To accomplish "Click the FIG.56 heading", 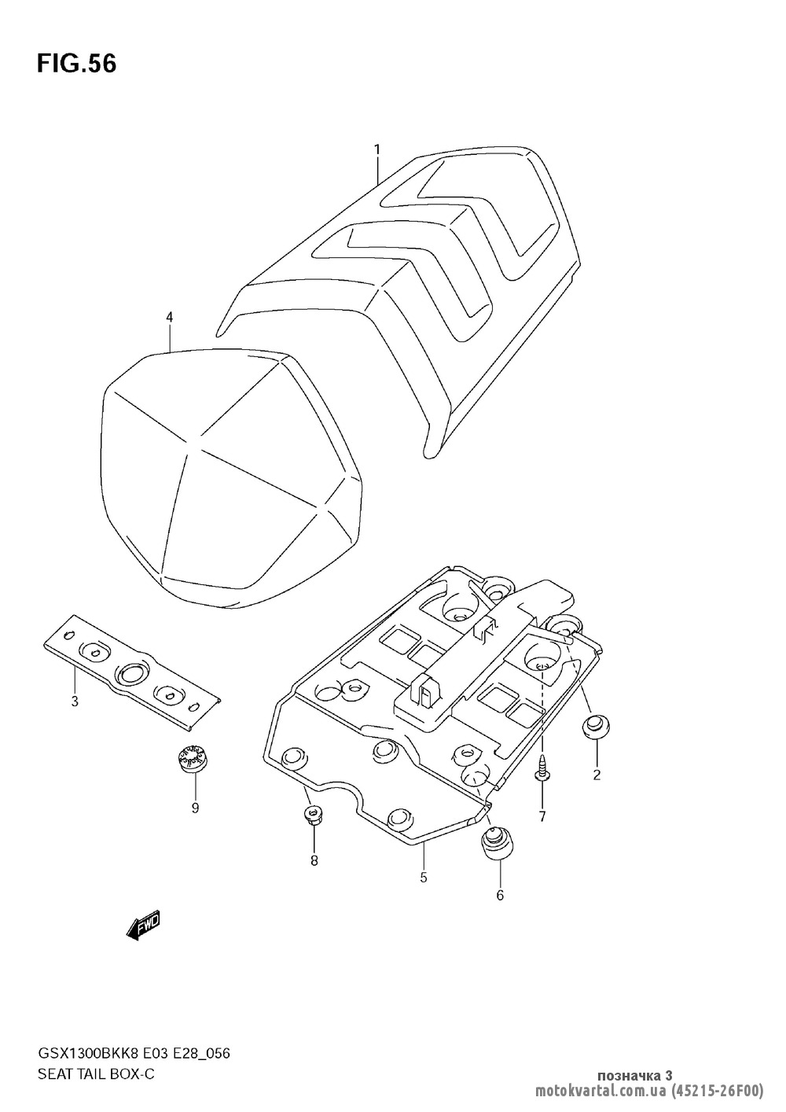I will pyautogui.click(x=76, y=64).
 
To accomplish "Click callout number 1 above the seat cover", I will pyautogui.click(x=377, y=149).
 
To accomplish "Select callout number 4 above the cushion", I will pyautogui.click(x=169, y=317).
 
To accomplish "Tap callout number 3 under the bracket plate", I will pyautogui.click(x=75, y=701).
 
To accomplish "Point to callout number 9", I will pyautogui.click(x=195, y=808).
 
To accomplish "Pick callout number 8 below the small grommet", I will pyautogui.click(x=314, y=860).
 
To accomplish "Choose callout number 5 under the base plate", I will pyautogui.click(x=423, y=877).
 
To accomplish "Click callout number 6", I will pyautogui.click(x=500, y=894).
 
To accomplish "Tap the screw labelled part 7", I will pyautogui.click(x=542, y=771).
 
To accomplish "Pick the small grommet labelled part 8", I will pyautogui.click(x=314, y=816).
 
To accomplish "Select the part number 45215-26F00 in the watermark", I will pyautogui.click(x=718, y=1091).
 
